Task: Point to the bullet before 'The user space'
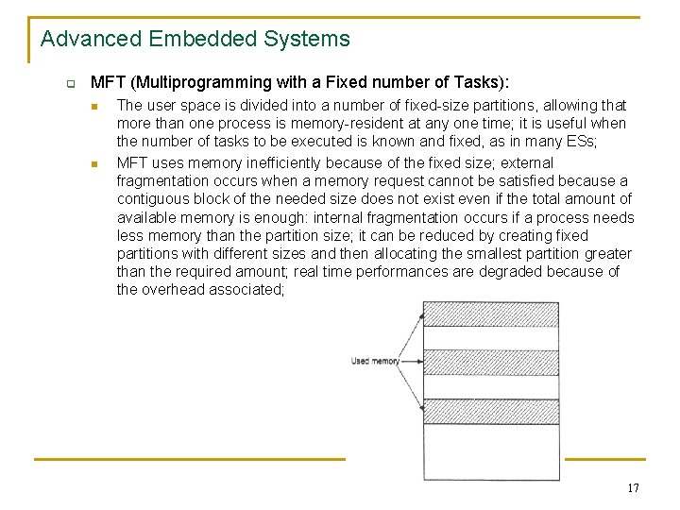tap(99, 106)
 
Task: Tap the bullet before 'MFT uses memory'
tap(99, 162)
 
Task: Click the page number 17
tap(632, 488)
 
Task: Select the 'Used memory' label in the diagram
tap(374, 361)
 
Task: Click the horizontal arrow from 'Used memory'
tap(412, 361)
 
